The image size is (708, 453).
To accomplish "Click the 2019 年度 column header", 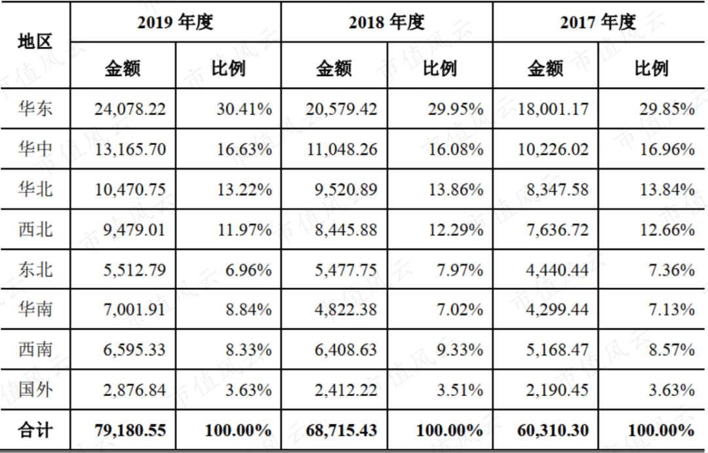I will click(175, 23).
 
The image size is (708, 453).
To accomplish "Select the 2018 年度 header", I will click(386, 23).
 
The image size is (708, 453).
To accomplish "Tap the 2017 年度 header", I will click(598, 23).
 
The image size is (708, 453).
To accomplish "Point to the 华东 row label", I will click(35, 109).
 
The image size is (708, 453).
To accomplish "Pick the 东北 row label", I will click(35, 269).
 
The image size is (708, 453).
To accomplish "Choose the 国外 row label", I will click(35, 389).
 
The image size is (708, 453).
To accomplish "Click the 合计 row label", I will click(35, 430).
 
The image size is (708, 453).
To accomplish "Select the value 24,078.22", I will click(130, 109).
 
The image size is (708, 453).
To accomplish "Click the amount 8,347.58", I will click(553, 189).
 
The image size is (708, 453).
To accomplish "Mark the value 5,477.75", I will click(342, 269).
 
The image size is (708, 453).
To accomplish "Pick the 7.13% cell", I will click(664, 309).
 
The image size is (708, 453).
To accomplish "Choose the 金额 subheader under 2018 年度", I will click(334, 68).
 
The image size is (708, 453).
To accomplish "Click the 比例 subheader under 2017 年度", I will click(651, 68).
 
